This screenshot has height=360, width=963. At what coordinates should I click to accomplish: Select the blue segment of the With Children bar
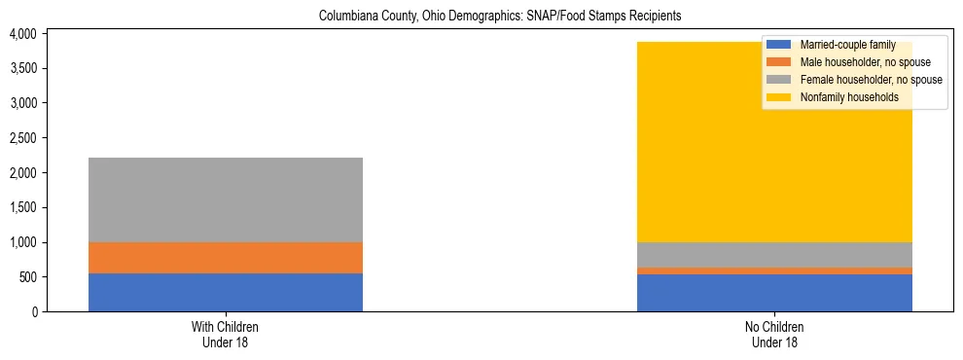226,292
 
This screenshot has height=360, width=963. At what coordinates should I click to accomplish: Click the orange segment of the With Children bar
226,258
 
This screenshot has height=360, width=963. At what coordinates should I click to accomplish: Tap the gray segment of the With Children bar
226,199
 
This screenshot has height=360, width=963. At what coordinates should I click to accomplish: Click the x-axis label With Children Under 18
226,335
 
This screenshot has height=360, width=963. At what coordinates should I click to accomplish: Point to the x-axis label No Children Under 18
774,335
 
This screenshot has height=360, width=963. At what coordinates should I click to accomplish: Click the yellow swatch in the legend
779,97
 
